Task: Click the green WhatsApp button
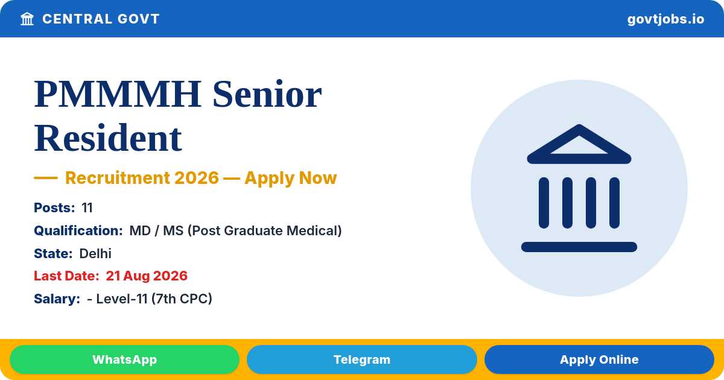(x=124, y=359)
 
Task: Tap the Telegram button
(x=361, y=359)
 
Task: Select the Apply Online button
(x=599, y=359)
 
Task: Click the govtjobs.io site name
(x=665, y=19)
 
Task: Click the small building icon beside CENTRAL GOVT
(x=27, y=19)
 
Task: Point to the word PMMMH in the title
(x=118, y=94)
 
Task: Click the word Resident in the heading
(x=108, y=138)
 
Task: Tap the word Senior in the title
(x=267, y=94)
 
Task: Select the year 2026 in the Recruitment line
(x=197, y=178)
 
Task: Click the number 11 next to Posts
(x=87, y=207)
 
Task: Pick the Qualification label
(x=78, y=230)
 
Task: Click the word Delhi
(x=95, y=254)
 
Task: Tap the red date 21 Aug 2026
(x=147, y=276)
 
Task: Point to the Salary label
(x=57, y=299)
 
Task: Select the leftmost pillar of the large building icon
(x=544, y=203)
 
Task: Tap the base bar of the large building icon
(x=579, y=247)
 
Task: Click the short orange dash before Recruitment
(x=46, y=178)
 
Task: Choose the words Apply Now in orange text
(x=291, y=178)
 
